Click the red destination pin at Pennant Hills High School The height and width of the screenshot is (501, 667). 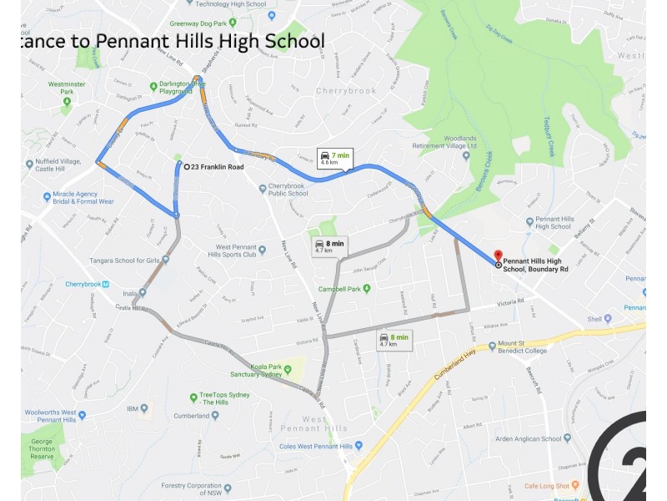point(498,256)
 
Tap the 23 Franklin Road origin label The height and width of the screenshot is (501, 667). point(217,167)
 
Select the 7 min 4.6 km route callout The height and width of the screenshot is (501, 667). point(333,158)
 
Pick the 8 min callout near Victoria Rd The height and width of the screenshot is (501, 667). point(394,340)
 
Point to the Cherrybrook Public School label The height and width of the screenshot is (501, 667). point(288,190)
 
